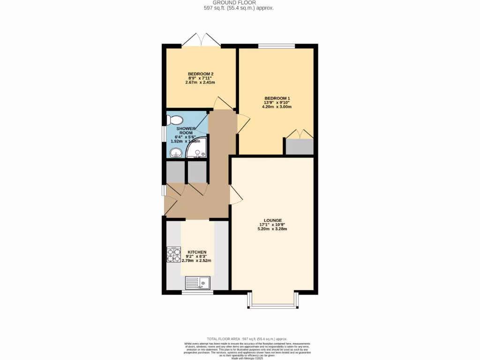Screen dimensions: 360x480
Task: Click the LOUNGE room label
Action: (272, 220)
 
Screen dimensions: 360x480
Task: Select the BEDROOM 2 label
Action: (201, 74)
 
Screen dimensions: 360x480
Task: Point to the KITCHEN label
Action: (197, 252)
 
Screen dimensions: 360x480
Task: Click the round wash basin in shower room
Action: (176, 152)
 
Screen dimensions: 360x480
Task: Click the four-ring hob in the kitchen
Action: (174, 255)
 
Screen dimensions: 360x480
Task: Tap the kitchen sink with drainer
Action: (198, 283)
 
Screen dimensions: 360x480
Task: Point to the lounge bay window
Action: (272, 306)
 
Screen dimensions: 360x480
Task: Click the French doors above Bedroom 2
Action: (201, 41)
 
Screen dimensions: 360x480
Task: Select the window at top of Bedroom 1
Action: (277, 45)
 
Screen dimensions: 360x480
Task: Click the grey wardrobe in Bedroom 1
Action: (300, 147)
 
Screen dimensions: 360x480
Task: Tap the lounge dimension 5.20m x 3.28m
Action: (272, 229)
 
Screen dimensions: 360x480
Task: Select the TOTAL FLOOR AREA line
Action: (247, 339)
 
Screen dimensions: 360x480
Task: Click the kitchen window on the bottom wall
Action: (197, 292)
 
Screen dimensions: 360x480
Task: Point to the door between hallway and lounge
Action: (234, 194)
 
